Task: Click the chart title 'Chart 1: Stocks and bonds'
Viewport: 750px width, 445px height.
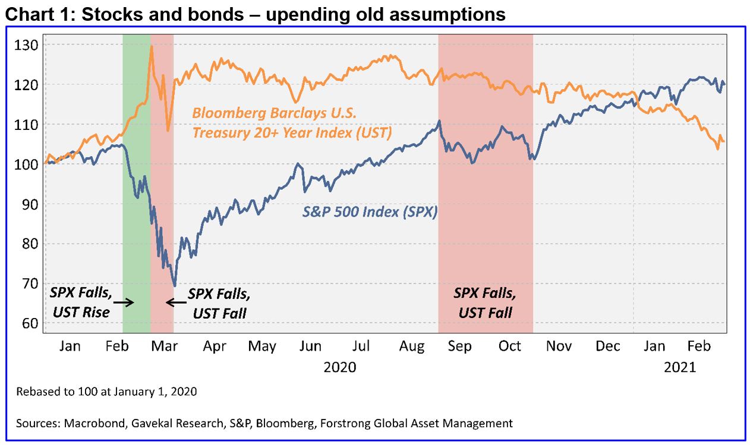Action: [x=256, y=14]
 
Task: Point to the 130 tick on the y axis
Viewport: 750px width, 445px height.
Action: [x=29, y=45]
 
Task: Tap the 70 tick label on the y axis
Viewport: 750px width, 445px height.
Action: [x=30, y=284]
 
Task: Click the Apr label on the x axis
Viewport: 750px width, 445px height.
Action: [x=214, y=347]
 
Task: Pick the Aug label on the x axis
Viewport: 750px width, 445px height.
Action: [x=412, y=347]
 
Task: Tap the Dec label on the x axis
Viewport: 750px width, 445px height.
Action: [x=607, y=347]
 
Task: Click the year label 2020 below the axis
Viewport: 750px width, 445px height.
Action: [x=340, y=367]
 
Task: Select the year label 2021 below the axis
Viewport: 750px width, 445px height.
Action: [x=679, y=367]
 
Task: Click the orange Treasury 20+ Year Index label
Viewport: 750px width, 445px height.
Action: [x=292, y=123]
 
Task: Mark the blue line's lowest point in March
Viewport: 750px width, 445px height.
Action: [x=174, y=286]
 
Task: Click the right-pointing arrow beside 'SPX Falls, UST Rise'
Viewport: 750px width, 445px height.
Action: [x=124, y=302]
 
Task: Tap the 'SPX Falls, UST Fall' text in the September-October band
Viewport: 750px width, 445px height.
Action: [x=485, y=302]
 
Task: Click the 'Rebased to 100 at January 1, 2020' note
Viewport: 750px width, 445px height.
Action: [x=106, y=392]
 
